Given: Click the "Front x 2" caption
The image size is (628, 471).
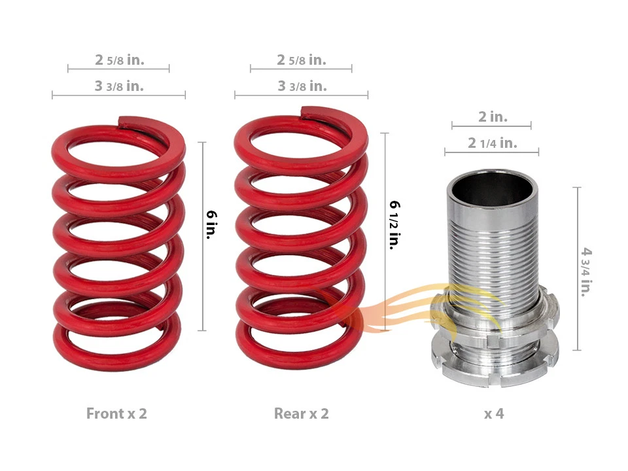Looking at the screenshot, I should pyautogui.click(x=116, y=413).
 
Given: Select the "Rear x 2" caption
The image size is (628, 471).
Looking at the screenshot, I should pyautogui.click(x=301, y=413).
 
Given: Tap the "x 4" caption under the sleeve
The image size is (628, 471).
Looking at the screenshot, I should pyautogui.click(x=494, y=413).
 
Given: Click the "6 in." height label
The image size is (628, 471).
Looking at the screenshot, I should pyautogui.click(x=212, y=224).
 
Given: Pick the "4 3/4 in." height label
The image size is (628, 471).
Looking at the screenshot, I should pyautogui.click(x=587, y=271).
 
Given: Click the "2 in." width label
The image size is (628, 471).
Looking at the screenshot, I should pyautogui.click(x=492, y=117).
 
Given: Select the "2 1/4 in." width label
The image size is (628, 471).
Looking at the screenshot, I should pyautogui.click(x=492, y=143).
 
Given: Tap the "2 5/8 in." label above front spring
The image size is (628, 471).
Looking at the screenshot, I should pyautogui.click(x=119, y=60).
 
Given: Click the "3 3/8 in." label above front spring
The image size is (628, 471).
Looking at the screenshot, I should pyautogui.click(x=119, y=86).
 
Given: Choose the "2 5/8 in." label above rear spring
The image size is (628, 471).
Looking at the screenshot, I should pyautogui.click(x=301, y=60).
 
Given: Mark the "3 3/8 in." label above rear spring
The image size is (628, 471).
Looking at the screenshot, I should pyautogui.click(x=301, y=86).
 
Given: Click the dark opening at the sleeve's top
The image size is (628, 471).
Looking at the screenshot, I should pyautogui.click(x=493, y=190).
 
